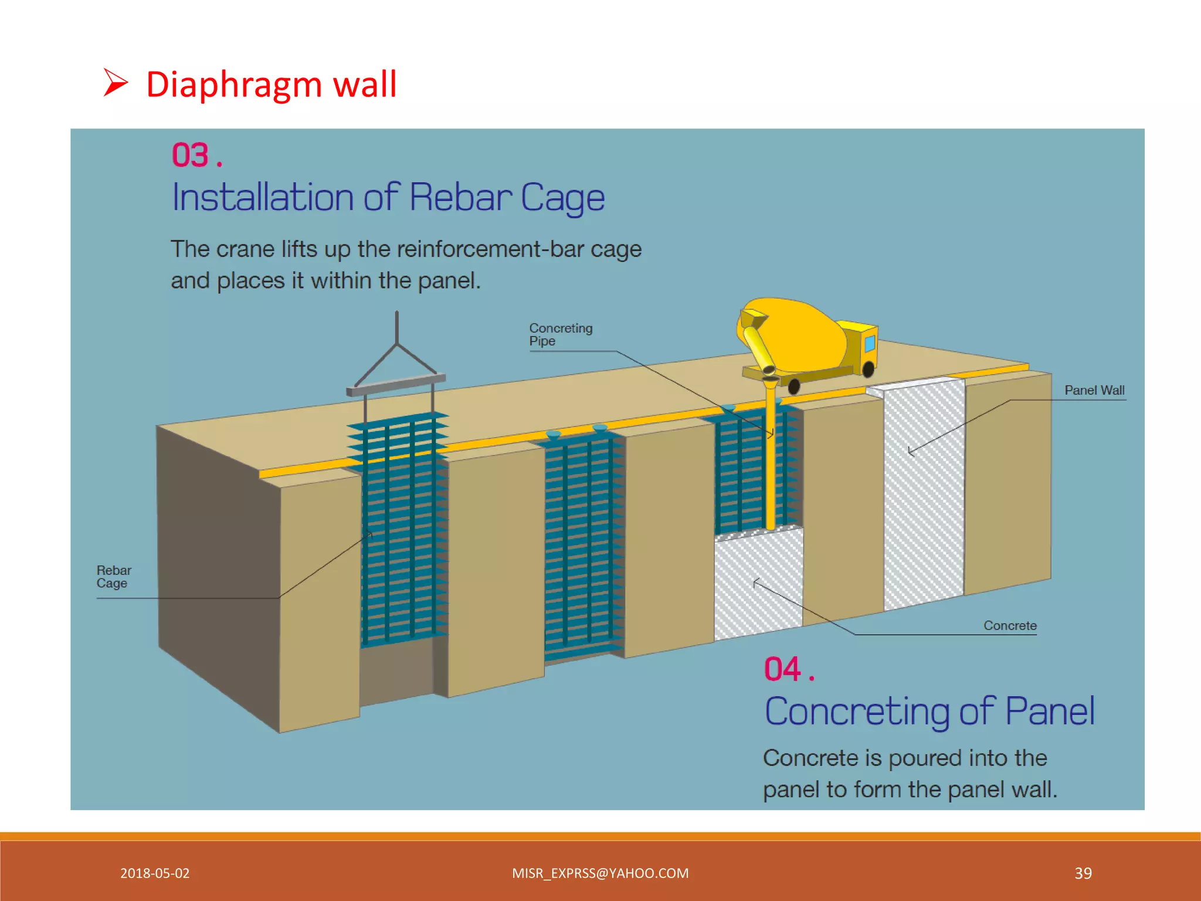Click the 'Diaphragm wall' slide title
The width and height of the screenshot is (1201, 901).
271,84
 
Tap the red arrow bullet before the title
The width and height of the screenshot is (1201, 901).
116,83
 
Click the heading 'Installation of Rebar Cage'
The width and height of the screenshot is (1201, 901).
388,198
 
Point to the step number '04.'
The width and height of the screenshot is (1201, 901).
788,669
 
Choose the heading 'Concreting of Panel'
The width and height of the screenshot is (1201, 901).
929,712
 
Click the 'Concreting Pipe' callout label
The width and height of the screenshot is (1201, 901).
560,334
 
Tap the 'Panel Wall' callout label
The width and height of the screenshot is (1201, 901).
1094,390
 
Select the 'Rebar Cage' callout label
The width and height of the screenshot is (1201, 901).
113,577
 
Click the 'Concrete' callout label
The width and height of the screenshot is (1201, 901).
1010,626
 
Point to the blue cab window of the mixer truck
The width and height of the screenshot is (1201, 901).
870,343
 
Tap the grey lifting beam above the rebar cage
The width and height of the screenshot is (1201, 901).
396,384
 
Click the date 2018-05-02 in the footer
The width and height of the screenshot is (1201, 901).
155,873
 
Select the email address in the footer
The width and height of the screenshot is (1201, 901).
600,873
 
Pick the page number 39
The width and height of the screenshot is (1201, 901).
1083,873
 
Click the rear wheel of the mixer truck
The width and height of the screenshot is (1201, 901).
794,386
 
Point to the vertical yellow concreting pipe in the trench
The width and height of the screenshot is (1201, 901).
771,469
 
